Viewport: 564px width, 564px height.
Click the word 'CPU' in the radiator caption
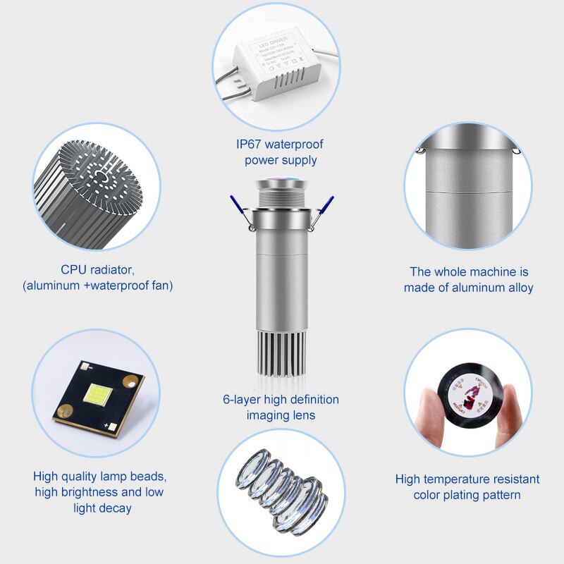(74, 269)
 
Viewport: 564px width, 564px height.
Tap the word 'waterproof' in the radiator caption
(121, 286)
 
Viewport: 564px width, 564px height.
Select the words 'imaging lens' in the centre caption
(281, 415)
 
